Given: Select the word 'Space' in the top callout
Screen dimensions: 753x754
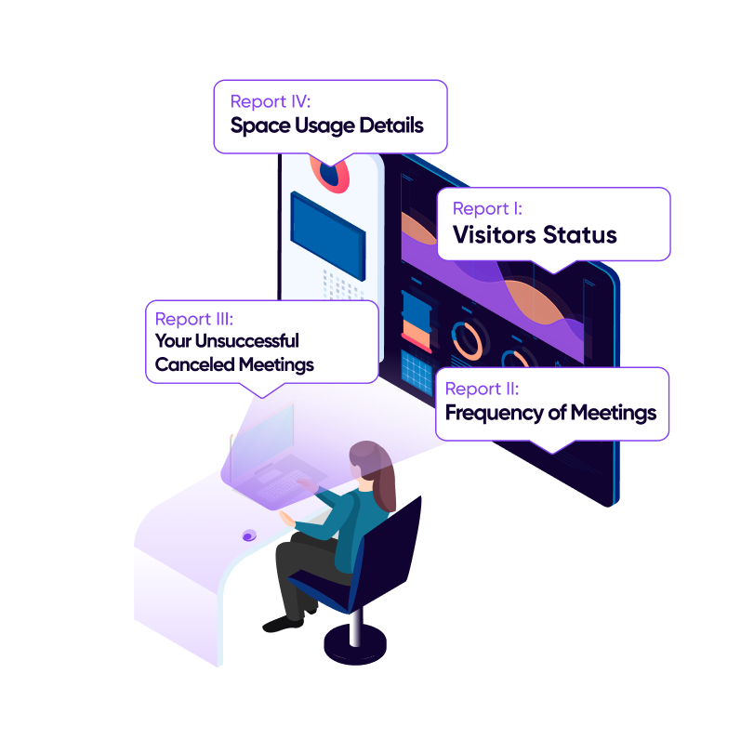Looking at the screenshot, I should pyautogui.click(x=259, y=125).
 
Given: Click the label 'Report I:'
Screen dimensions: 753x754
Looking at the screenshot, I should pyautogui.click(x=487, y=209).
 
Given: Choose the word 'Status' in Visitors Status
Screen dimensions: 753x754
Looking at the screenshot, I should pyautogui.click(x=582, y=235).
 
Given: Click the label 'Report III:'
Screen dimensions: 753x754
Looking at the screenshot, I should pyautogui.click(x=194, y=320).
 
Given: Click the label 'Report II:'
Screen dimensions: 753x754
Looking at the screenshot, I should pyautogui.click(x=482, y=389).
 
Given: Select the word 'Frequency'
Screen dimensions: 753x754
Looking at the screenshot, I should pyautogui.click(x=490, y=413).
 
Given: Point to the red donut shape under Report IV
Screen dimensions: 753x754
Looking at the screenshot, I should pyautogui.click(x=331, y=176).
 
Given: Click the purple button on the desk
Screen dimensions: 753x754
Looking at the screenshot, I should pyautogui.click(x=249, y=535).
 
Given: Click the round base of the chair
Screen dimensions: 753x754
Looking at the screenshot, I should pyautogui.click(x=354, y=642).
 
